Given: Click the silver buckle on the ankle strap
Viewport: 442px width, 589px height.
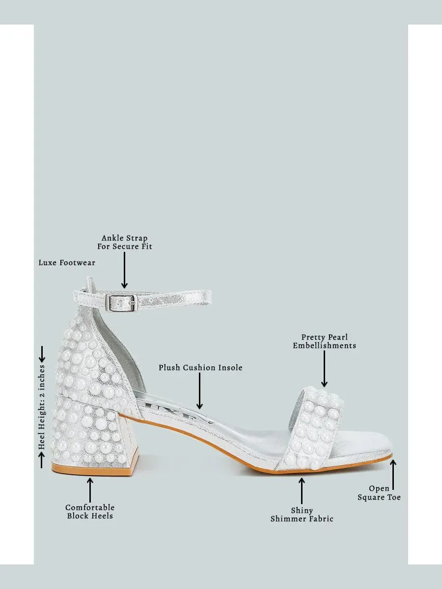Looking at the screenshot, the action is [121, 303].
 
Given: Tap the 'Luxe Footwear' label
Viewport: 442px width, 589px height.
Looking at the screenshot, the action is [67, 263].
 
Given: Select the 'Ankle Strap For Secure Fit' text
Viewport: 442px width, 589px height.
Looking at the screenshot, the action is [125, 242].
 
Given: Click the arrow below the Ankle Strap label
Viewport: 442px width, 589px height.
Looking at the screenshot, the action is [124, 270].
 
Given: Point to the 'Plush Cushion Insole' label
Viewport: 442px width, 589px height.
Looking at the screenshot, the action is [200, 368].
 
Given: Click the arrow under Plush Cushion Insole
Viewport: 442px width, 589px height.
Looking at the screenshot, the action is [199, 391].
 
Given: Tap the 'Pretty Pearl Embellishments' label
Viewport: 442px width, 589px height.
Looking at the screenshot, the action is [324, 341].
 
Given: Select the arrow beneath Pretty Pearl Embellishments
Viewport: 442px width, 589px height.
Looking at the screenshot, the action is [324, 369].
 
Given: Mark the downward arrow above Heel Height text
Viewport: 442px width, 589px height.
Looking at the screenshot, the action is [42, 354].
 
